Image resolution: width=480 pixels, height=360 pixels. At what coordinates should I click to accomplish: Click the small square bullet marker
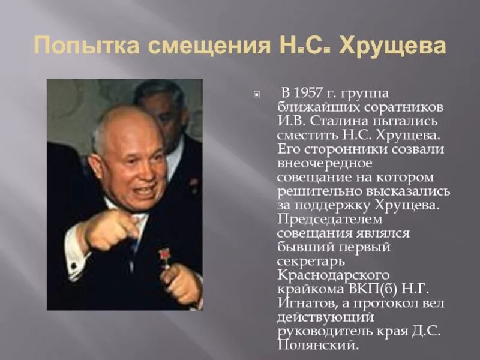coord(257,94)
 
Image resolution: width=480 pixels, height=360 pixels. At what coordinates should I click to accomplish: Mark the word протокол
coord(398,302)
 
